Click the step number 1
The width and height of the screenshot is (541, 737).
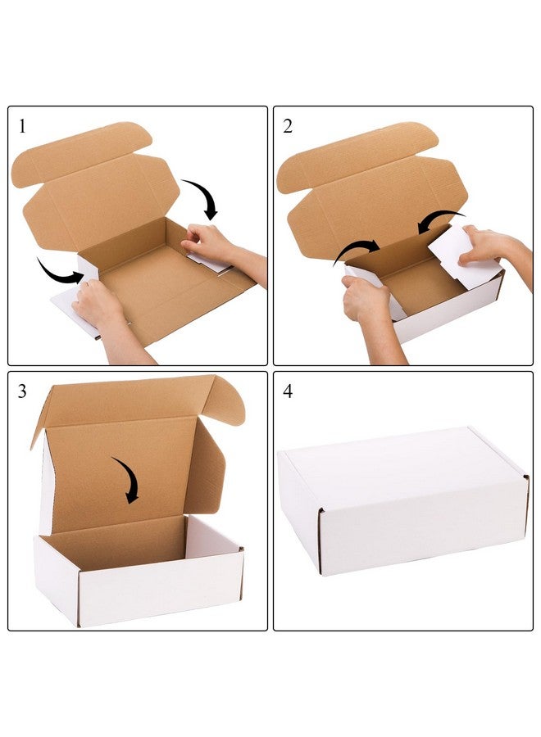tap(22, 126)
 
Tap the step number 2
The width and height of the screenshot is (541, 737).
tap(288, 126)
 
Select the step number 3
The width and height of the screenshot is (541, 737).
tap(22, 391)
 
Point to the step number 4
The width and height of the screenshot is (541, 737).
tap(288, 391)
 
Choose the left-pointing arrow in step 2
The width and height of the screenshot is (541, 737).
tap(441, 219)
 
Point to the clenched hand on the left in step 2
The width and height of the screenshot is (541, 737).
tap(366, 299)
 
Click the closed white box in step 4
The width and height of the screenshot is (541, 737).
tap(402, 500)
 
